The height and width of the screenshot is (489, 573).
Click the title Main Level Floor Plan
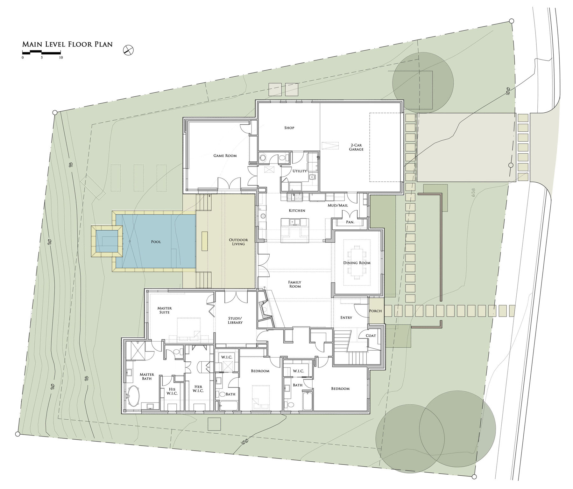click(x=67, y=44)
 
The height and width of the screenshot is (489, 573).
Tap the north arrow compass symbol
click(x=128, y=50)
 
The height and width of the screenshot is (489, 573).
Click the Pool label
click(x=156, y=242)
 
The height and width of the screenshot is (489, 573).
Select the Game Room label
click(x=225, y=156)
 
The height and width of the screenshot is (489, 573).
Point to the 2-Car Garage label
click(x=356, y=147)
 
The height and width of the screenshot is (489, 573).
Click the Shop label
click(x=289, y=128)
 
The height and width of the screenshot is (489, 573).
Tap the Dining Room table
click(x=357, y=263)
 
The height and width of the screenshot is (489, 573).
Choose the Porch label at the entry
click(x=375, y=311)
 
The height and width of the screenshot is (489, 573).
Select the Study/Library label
click(x=235, y=320)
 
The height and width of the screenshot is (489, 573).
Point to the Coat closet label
click(x=371, y=336)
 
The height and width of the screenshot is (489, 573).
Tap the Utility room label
click(x=300, y=171)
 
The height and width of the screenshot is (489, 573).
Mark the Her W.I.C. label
click(x=198, y=388)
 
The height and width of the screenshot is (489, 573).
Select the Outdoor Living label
click(x=238, y=242)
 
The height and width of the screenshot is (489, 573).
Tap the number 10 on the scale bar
click(x=61, y=58)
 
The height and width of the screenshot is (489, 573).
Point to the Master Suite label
click(x=165, y=310)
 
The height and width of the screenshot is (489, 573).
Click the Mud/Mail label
click(x=338, y=206)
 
